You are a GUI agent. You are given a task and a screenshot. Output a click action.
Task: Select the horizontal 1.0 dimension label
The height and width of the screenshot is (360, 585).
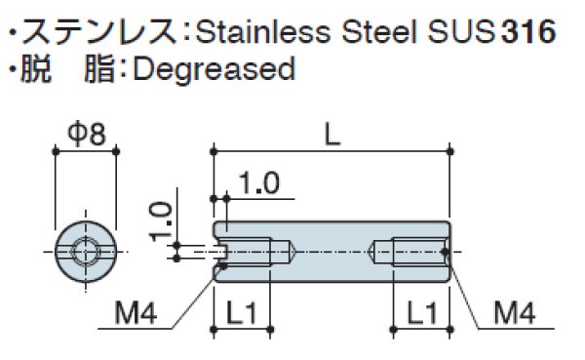(256, 182)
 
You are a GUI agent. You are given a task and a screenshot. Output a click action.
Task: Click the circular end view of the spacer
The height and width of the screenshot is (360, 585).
(86, 252)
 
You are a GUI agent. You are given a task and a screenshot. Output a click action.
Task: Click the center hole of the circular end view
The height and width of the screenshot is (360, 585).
(86, 252)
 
